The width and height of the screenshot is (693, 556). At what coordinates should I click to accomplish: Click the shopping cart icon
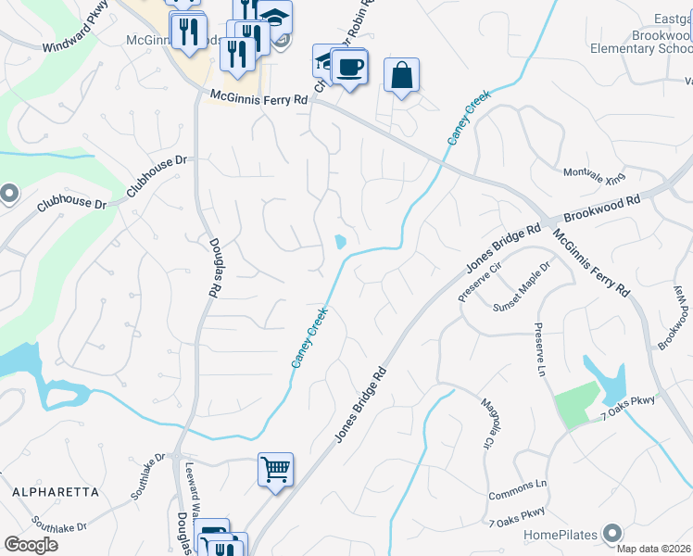click(x=275, y=470)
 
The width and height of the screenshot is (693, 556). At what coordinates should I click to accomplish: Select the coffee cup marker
click(x=349, y=67)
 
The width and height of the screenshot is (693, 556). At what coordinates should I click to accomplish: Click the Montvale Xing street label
click(x=594, y=173)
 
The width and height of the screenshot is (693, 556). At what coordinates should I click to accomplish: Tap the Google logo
click(x=31, y=545)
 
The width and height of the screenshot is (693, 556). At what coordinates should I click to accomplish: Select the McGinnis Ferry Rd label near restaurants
click(x=258, y=96)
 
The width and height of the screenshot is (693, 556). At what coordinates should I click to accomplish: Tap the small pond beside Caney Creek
click(x=340, y=243)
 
